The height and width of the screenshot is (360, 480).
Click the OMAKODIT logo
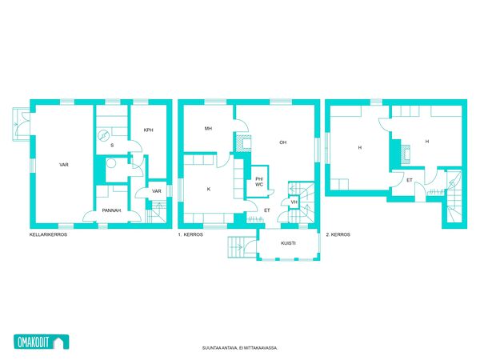coord(42,342)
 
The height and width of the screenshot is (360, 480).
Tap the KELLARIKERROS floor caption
coord(48,234)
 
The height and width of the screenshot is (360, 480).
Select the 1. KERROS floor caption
coord(190,234)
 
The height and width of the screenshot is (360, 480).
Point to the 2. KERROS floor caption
coord(338,234)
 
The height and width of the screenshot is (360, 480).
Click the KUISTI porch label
coord(288,243)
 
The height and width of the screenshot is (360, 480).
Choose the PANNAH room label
coord(111,210)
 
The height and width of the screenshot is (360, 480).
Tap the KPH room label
coord(149,130)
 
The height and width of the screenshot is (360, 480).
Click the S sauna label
coord(112,146)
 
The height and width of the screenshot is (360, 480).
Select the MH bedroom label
coord(208,129)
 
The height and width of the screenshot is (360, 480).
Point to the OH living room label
coord(283,142)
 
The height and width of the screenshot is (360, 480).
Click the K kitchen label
coord(209,189)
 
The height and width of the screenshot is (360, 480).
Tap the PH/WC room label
coord(259,182)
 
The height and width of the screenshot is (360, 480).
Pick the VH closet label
coord(294,202)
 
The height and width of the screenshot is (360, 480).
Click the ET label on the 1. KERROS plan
coord(267,210)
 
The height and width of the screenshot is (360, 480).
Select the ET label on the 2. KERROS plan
coord(410,180)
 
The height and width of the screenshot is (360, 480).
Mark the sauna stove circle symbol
coord(103,136)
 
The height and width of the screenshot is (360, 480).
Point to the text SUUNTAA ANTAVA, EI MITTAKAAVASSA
coord(240,348)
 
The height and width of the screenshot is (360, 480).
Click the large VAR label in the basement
coord(64,165)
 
